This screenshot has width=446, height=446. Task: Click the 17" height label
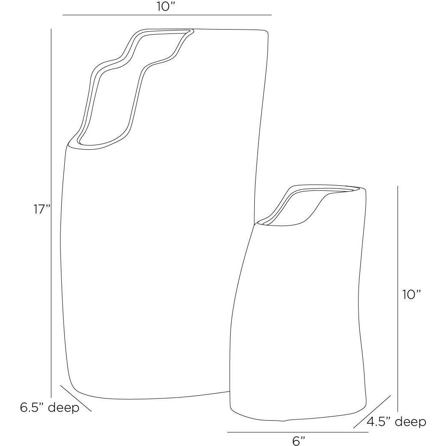(x=42, y=210)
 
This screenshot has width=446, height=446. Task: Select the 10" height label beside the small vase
(x=412, y=295)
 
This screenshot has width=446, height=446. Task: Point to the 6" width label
(x=298, y=440)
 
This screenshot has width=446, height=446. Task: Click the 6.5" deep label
(x=50, y=407)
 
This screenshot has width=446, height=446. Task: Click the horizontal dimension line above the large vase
(x=167, y=15)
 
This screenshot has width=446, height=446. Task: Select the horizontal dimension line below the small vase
(x=298, y=432)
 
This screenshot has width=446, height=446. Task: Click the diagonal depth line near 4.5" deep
(x=372, y=411)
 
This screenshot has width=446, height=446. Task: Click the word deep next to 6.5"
(x=63, y=407)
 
